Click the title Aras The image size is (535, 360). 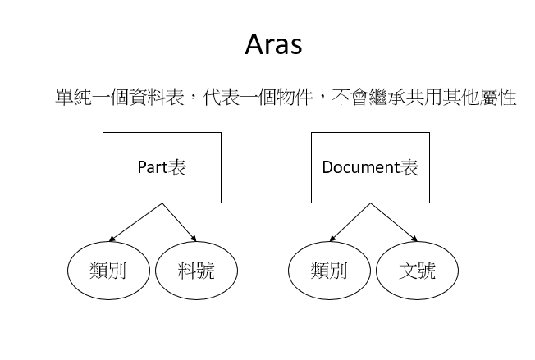[x=273, y=44]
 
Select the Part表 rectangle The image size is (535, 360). [x=161, y=167]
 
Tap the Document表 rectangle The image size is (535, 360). [x=370, y=167]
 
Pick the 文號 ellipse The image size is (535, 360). [x=417, y=270]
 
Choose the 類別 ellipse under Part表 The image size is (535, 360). [x=108, y=270]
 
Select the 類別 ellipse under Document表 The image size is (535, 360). [x=330, y=270]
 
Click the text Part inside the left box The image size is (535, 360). [x=152, y=168]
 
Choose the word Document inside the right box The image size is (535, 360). [x=359, y=168]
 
